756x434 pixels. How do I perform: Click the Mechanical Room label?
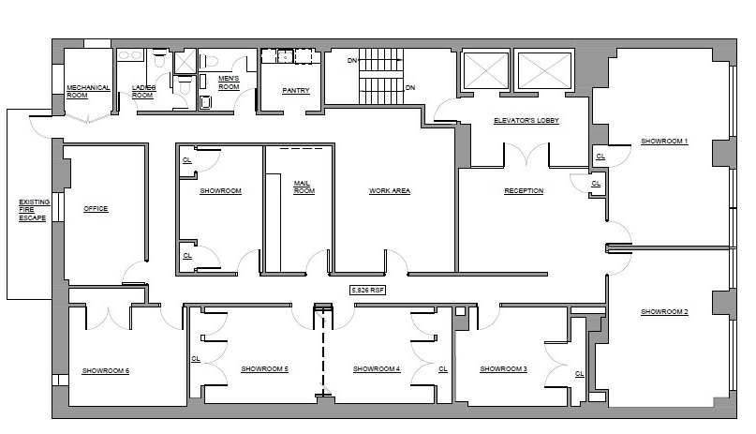click(x=88, y=92)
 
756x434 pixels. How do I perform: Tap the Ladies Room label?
click(x=142, y=92)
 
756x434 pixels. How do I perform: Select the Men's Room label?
click(x=229, y=83)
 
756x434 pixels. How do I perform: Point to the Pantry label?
click(x=296, y=91)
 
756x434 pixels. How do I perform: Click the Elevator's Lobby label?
click(x=526, y=121)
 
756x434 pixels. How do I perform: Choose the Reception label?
click(x=524, y=191)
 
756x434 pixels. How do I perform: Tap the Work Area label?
click(x=389, y=191)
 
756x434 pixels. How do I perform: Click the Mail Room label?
click(x=303, y=187)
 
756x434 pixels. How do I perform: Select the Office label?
click(x=96, y=209)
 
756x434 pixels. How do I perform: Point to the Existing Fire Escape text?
click(x=34, y=210)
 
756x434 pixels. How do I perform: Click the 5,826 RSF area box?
click(x=367, y=291)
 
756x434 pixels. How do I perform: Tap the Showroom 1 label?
click(x=664, y=142)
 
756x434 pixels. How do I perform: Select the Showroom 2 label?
click(x=664, y=310)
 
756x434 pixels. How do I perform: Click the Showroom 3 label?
click(x=503, y=369)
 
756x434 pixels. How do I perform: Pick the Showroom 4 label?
click(x=377, y=369)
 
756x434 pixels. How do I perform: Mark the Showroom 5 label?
click(x=263, y=369)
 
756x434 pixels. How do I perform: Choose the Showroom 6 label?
click(x=105, y=371)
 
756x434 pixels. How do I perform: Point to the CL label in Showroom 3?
click(x=580, y=373)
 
